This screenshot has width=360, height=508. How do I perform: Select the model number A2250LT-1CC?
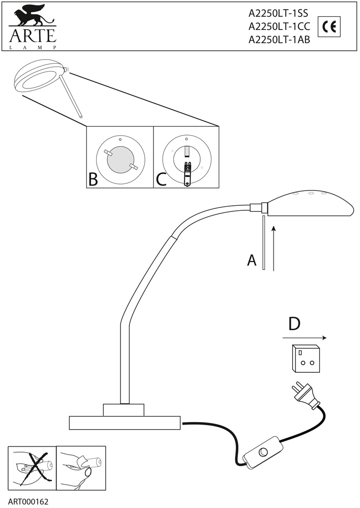pos(279,28)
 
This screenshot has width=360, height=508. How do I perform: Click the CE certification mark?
pos(328,27)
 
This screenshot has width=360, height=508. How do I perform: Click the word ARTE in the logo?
pos(32,36)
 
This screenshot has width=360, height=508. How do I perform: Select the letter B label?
pos(93,179)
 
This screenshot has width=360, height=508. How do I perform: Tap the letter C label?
pos(161,179)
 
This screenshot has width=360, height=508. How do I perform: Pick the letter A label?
pos(252,261)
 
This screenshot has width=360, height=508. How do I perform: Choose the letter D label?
pos(294,324)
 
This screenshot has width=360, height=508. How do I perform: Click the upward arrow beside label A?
pos(274,248)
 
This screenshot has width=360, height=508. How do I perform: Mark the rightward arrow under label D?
pos(304,338)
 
